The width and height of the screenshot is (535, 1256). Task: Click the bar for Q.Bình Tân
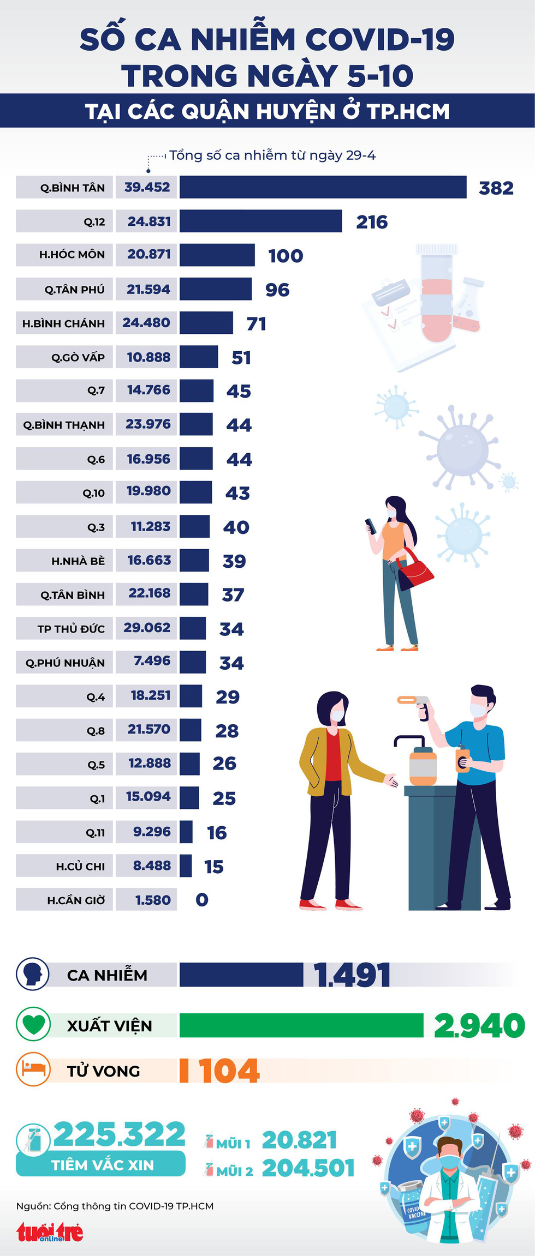[323, 187]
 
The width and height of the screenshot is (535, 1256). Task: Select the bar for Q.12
[260, 221]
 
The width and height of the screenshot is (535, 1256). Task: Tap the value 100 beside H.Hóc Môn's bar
[286, 256]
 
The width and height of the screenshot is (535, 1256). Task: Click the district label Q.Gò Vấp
[78, 357]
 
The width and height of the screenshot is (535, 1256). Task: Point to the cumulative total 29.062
[147, 628]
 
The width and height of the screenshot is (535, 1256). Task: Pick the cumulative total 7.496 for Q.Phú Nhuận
[152, 661]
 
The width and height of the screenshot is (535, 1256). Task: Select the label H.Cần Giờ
[76, 900]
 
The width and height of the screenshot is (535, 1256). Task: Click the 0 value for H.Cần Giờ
[202, 900]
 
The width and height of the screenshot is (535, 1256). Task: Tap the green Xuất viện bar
[301, 1025]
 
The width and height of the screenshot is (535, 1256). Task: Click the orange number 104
[229, 1071]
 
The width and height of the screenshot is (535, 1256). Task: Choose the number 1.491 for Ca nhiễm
[352, 975]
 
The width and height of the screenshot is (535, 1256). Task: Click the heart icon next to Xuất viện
[33, 1025]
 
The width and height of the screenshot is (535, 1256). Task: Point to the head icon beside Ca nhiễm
[33, 974]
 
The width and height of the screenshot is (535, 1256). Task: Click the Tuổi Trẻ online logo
[50, 1231]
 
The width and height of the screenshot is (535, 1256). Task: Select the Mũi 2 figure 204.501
[308, 1168]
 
